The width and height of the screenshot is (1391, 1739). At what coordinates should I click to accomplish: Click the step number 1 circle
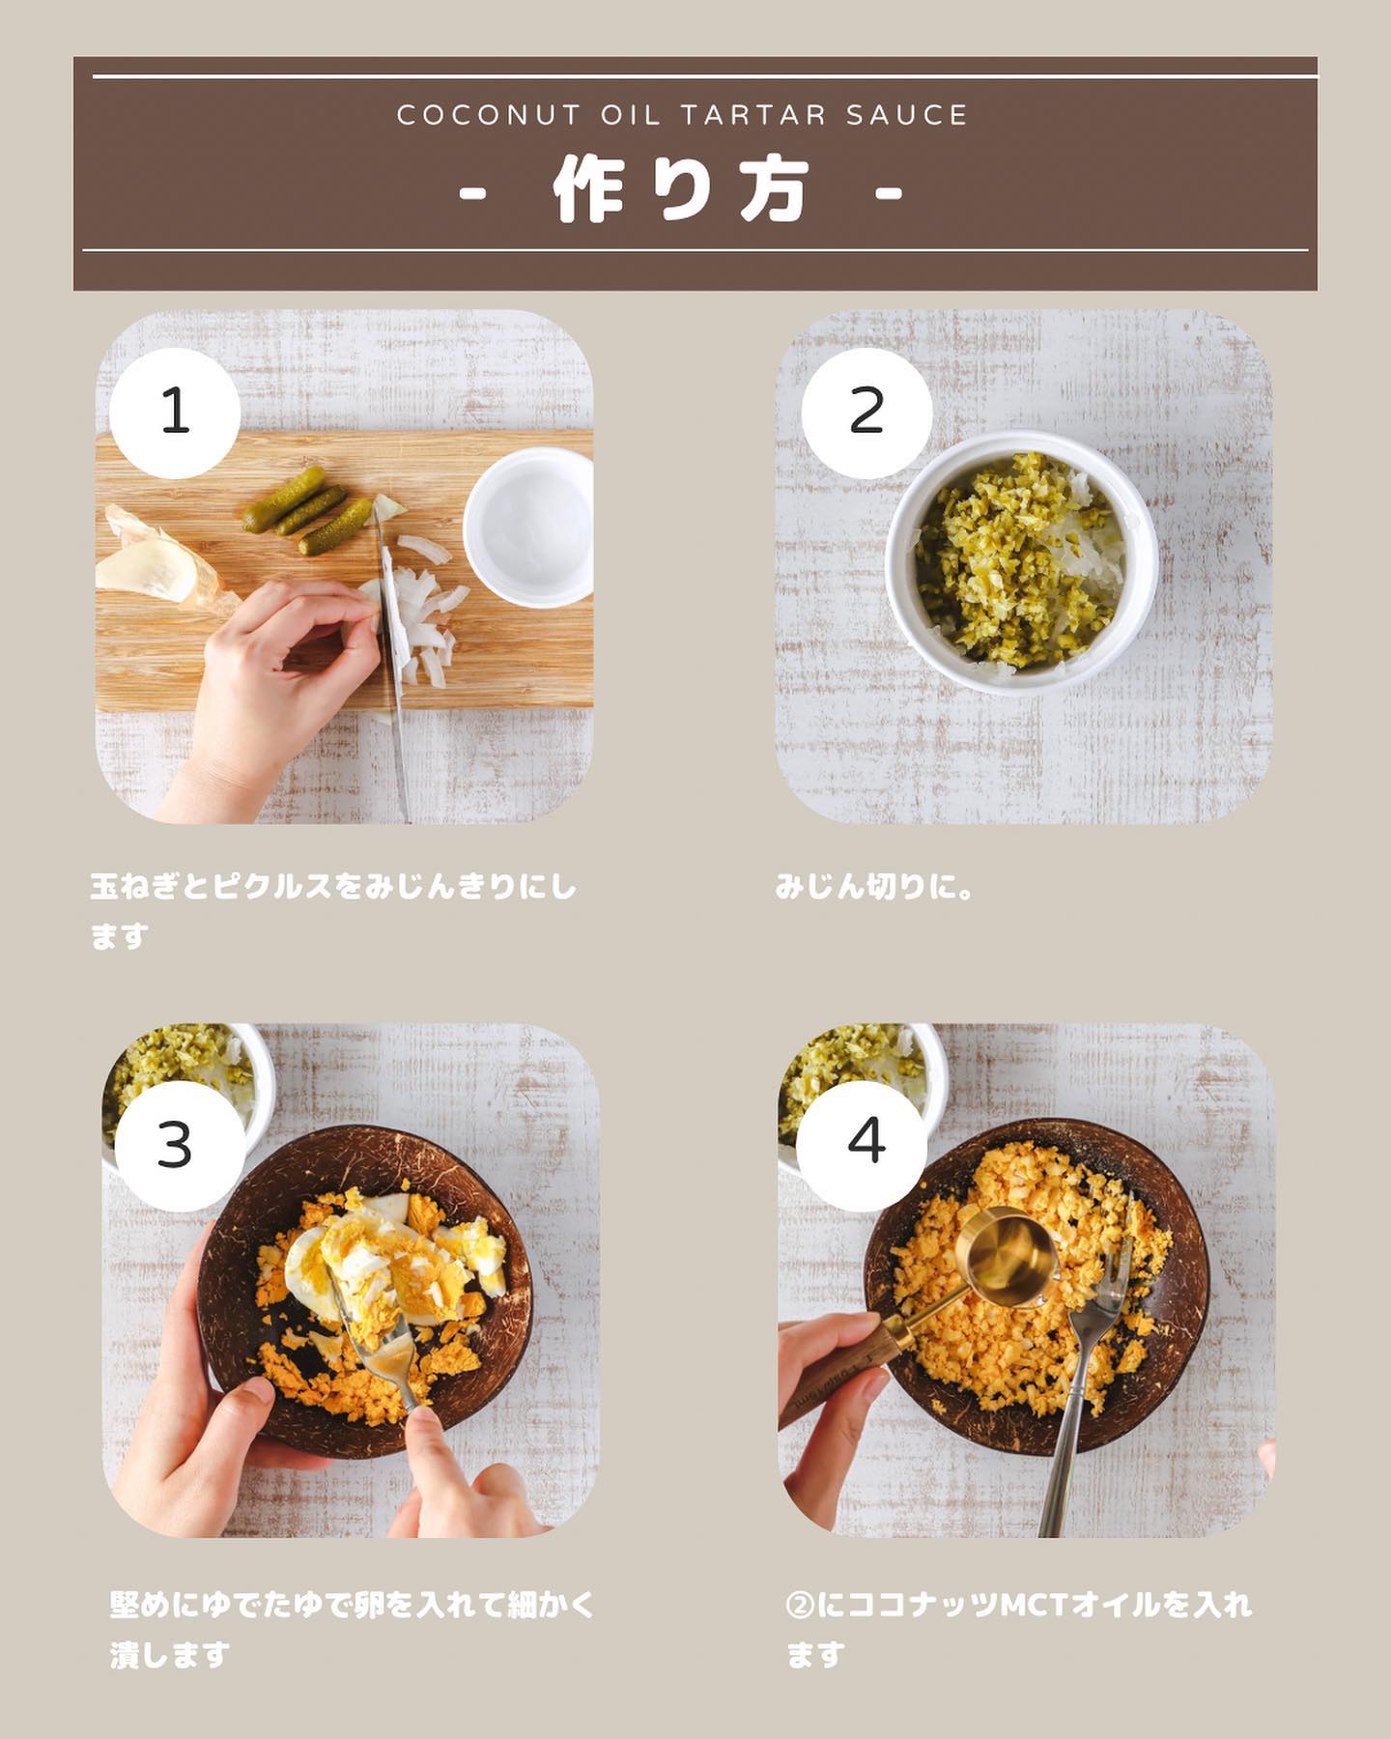pos(175,413)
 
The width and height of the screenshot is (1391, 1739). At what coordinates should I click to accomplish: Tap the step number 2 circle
pos(866,413)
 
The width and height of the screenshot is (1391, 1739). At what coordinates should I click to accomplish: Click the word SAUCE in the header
pos(906,116)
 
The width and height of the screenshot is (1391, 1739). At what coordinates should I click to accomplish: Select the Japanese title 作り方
pos(681,190)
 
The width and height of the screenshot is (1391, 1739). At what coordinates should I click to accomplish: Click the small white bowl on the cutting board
pos(528,527)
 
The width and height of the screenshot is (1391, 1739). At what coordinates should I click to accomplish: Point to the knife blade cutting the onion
pos(393,628)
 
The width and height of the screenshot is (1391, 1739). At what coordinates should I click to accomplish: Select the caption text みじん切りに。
pos(875,887)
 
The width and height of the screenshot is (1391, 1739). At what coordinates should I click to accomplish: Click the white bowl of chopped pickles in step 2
pos(1021,563)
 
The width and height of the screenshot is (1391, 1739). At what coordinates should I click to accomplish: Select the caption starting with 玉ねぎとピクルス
pos(333,911)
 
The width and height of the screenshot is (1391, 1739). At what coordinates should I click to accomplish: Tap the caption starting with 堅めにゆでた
pos(353,1630)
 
